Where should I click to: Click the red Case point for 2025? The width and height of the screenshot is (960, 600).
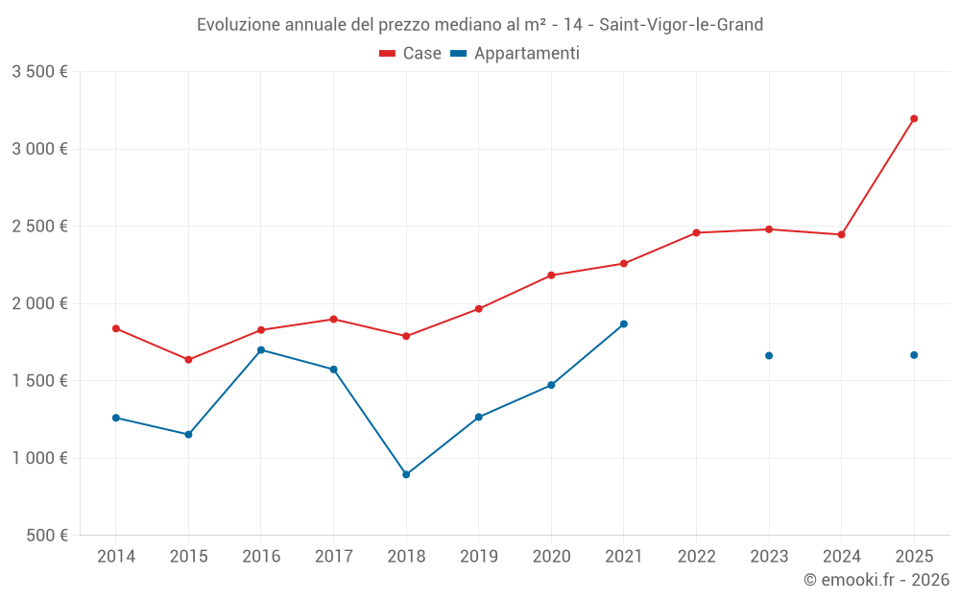click(914, 119)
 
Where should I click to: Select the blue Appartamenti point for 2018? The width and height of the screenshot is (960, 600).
click(406, 474)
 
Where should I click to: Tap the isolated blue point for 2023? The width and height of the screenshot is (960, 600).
click(769, 356)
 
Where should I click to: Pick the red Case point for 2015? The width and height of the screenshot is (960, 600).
click(188, 360)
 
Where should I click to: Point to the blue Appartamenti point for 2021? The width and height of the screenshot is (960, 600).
click(624, 324)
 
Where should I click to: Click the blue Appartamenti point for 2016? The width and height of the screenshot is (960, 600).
click(261, 350)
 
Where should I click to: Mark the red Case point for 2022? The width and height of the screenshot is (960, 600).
click(696, 232)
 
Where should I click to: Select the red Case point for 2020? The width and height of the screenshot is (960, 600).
click(551, 276)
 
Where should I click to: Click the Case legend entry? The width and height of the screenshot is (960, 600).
click(411, 54)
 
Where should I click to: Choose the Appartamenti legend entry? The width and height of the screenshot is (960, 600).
click(516, 54)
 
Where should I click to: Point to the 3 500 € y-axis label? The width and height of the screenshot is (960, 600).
click(39, 72)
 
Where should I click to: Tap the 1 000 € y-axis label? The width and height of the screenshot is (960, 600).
click(39, 458)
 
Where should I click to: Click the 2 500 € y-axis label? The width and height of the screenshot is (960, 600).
click(39, 227)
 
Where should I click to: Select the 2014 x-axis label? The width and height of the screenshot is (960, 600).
click(116, 556)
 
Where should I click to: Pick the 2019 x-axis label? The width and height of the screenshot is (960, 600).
click(479, 556)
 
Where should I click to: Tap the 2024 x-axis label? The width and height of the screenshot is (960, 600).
click(842, 556)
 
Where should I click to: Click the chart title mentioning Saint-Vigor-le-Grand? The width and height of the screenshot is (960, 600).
click(480, 25)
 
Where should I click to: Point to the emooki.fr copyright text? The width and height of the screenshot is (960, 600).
click(876, 580)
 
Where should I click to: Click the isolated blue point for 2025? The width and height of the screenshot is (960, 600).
click(914, 355)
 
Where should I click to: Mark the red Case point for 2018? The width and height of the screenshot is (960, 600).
click(406, 336)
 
